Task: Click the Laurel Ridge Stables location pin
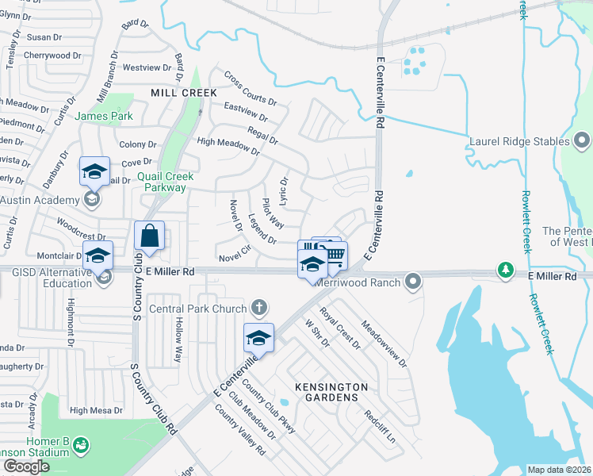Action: [x=582, y=141]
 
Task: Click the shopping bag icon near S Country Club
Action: [x=150, y=236]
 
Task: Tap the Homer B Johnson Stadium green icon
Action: [x=81, y=447]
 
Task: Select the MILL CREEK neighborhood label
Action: [x=184, y=93]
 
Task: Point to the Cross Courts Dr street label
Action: [x=251, y=89]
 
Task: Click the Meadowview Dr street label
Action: [x=384, y=343]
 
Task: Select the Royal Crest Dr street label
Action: [x=340, y=328]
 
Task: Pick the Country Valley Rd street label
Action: [x=240, y=436]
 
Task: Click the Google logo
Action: [x=26, y=466]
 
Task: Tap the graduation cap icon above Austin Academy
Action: [x=94, y=171]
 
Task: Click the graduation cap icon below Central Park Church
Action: [x=258, y=339]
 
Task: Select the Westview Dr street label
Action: [x=142, y=67]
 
